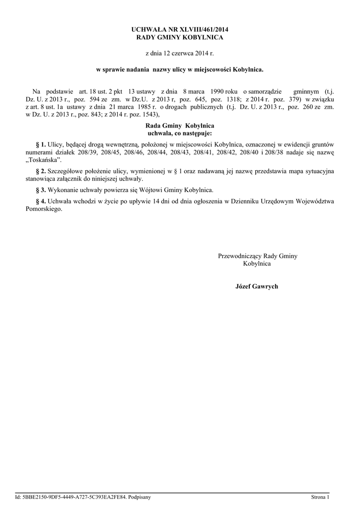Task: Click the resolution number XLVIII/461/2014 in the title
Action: tap(204, 30)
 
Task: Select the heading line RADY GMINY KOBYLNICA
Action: tap(180, 37)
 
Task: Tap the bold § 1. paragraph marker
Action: tap(41, 144)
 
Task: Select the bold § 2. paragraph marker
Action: tap(41, 171)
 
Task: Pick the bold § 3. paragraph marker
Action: tap(41, 190)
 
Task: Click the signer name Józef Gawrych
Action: tap(257, 287)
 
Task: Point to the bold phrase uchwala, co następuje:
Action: tap(180, 133)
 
